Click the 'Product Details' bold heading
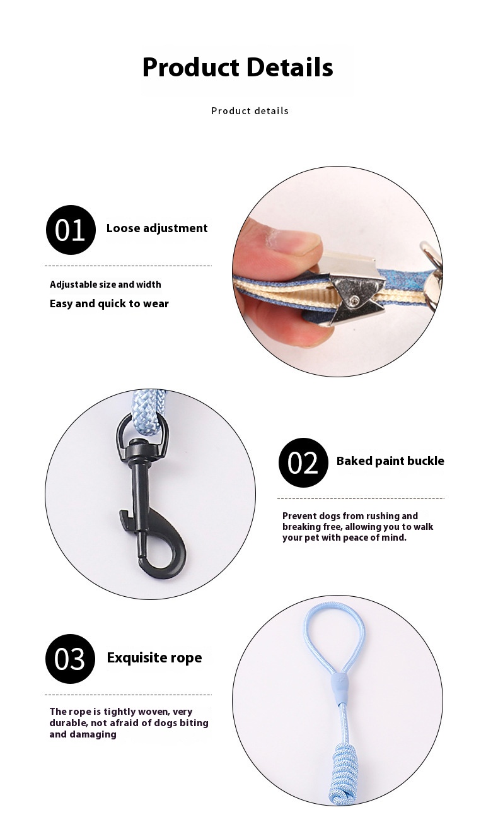click(x=238, y=68)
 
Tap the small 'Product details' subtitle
click(x=250, y=111)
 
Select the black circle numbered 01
click(x=71, y=230)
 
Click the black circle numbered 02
click(x=303, y=462)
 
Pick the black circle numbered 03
click(x=71, y=659)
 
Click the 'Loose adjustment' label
click(x=157, y=228)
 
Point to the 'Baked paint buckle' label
click(x=390, y=461)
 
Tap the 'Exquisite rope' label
click(x=154, y=657)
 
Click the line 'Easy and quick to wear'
click(x=109, y=303)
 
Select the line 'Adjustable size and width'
click(x=105, y=285)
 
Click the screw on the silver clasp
click(x=354, y=300)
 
